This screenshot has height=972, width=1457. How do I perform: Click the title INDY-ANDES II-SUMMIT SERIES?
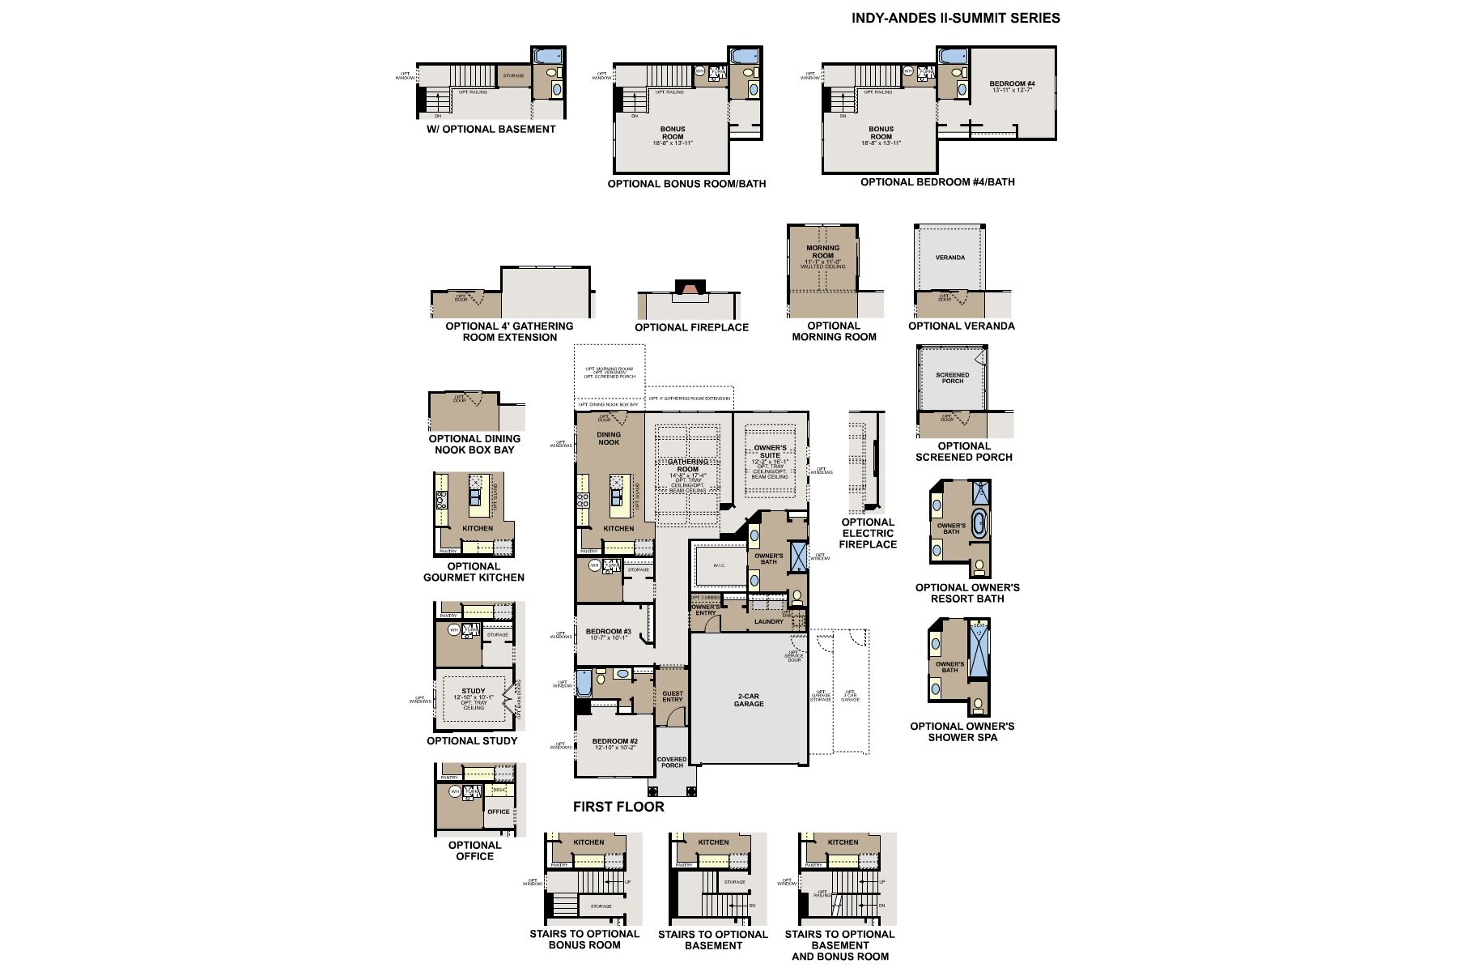pos(955,18)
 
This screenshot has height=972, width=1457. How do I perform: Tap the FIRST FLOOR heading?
pos(618,807)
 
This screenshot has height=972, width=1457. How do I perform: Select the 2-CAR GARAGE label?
pos(749,700)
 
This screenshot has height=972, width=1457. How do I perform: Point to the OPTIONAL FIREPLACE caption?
pos(691,327)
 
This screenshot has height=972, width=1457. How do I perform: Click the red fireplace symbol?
pos(690,288)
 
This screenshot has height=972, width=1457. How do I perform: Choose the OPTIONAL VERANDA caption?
pos(961,326)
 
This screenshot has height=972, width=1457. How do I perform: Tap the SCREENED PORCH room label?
pos(953,378)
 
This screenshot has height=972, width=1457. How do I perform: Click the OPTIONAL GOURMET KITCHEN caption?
pos(474,572)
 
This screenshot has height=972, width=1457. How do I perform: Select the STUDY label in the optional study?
pos(474,691)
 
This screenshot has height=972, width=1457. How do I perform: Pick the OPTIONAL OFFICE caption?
pos(474,850)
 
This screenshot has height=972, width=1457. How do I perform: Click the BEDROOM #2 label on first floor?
pos(615,741)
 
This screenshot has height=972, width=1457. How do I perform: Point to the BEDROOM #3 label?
pos(609,632)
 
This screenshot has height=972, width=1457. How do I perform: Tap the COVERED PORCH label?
pos(672,762)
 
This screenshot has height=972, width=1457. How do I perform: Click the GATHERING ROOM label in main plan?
pos(687,465)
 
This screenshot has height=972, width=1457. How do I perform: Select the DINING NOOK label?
pos(609,438)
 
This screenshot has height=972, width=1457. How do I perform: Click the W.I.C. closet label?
pos(719,565)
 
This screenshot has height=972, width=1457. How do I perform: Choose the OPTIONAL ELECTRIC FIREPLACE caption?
pos(868,533)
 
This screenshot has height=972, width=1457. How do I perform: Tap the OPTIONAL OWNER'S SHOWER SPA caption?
pos(962,731)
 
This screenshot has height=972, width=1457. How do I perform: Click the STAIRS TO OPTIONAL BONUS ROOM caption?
pos(584,939)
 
